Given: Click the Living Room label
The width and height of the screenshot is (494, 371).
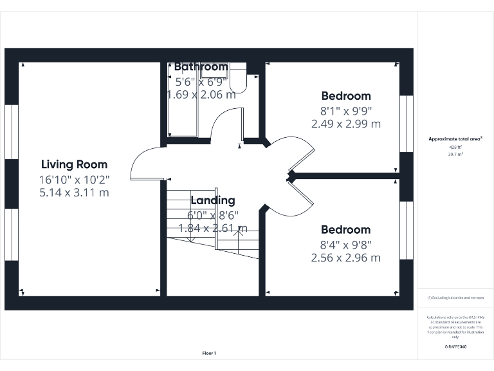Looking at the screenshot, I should [x=74, y=164].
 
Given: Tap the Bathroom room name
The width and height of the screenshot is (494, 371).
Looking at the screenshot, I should [x=201, y=67].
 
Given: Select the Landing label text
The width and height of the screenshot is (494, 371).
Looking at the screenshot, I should [x=212, y=200].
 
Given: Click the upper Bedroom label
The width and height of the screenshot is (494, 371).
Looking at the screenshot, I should [x=346, y=96].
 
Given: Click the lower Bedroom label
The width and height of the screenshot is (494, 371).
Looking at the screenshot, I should [x=346, y=230].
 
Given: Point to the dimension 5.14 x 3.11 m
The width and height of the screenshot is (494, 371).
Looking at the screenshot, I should [x=74, y=192].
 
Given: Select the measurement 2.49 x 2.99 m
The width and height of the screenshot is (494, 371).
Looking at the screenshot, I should [x=346, y=124].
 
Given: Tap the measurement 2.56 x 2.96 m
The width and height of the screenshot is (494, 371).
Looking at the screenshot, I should [x=346, y=258].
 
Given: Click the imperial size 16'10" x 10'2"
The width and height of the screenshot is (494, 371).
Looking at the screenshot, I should [x=74, y=178].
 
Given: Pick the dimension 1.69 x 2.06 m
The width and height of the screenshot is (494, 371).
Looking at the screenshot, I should [x=201, y=95].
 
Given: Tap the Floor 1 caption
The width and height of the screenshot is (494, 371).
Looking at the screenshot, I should [x=209, y=353].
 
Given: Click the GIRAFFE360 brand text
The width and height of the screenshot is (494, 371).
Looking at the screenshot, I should [x=455, y=347].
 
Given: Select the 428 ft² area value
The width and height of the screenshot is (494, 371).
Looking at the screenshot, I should [x=455, y=147].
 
